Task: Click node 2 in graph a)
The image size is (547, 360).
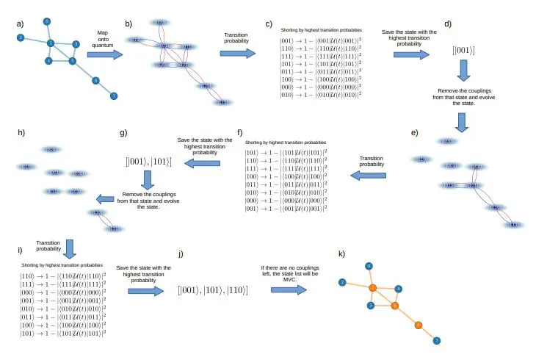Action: tap(21, 37)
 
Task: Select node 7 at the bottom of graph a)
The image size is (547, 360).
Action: tap(113, 96)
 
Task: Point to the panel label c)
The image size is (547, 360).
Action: tap(269, 24)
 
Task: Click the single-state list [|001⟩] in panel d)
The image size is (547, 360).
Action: tap(463, 50)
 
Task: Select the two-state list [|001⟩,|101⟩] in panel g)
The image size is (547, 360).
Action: tap(150, 159)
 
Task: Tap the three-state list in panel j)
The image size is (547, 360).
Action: tap(212, 291)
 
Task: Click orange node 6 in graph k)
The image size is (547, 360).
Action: tap(419, 324)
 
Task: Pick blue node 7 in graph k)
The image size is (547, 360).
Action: tap(437, 341)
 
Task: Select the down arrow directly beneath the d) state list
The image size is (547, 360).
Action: tap(463, 71)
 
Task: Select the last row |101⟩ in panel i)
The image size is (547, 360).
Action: tap(62, 333)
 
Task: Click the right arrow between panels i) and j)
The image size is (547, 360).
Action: tap(145, 291)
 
